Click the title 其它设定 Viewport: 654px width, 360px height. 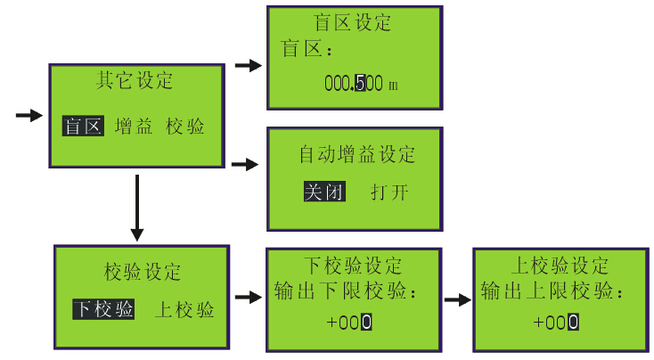coord(135,81)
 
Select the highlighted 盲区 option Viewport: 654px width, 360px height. coord(83,127)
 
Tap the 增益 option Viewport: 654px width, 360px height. coord(134,127)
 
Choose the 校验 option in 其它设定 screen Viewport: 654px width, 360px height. coord(185,127)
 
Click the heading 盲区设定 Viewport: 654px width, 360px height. coord(353,22)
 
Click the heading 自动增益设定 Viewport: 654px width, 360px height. coord(356,155)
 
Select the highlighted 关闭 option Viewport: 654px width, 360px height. coord(324,192)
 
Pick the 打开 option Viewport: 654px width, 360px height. coord(390,192)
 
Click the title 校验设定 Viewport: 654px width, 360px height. coord(143,271)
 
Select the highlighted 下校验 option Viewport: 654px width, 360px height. coord(104,309)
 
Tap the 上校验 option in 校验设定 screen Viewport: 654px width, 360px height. coord(184,309)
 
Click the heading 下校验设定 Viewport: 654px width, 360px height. coord(353,266)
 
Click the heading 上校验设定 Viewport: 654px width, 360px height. coord(560,266)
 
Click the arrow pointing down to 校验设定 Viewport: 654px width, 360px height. coord(136,209)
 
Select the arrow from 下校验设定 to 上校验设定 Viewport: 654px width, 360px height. coord(457,300)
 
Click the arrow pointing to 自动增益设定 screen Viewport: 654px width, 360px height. coord(244,165)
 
